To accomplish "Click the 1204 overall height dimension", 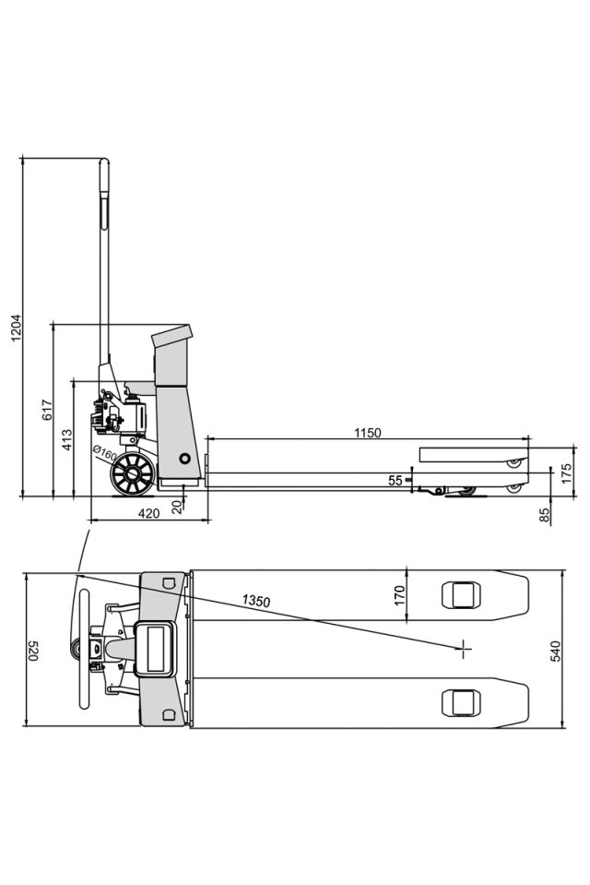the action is [17, 328].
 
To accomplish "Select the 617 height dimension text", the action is [47, 410].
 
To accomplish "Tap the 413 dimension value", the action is [67, 439].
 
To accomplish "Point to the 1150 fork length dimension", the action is [367, 433].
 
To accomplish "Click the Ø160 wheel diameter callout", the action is [104, 452].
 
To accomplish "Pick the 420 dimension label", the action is [149, 513].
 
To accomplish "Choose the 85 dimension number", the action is [544, 515].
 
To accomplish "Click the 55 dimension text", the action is [395, 480].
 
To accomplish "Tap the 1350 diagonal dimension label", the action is [256, 601].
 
